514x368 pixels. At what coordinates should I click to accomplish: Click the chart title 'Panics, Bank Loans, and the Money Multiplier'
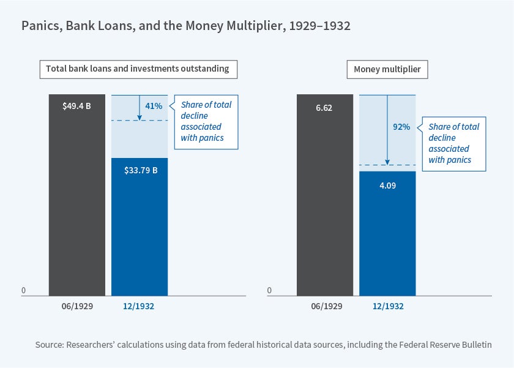(186, 26)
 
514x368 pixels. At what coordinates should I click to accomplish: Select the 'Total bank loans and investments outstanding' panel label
(138, 69)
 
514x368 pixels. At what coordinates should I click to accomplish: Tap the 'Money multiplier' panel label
(387, 69)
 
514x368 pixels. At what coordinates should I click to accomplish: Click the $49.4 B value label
(76, 105)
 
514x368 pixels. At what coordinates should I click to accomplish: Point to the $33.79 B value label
(140, 170)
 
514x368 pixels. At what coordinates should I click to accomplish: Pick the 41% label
(154, 106)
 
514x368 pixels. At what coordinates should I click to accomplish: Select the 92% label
(401, 127)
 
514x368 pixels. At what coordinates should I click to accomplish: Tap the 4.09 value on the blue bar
(387, 184)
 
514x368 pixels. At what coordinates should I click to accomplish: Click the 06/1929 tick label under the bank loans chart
(77, 306)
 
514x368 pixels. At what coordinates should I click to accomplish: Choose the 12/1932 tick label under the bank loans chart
(140, 306)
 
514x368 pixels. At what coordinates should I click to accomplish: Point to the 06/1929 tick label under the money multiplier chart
(324, 306)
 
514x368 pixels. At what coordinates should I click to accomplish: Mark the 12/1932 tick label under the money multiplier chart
(387, 306)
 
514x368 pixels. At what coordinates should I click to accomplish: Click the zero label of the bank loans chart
(24, 290)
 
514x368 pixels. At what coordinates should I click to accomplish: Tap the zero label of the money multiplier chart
(270, 290)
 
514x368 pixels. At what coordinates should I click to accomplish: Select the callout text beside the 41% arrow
(206, 121)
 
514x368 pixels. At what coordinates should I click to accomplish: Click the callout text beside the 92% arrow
(453, 143)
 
